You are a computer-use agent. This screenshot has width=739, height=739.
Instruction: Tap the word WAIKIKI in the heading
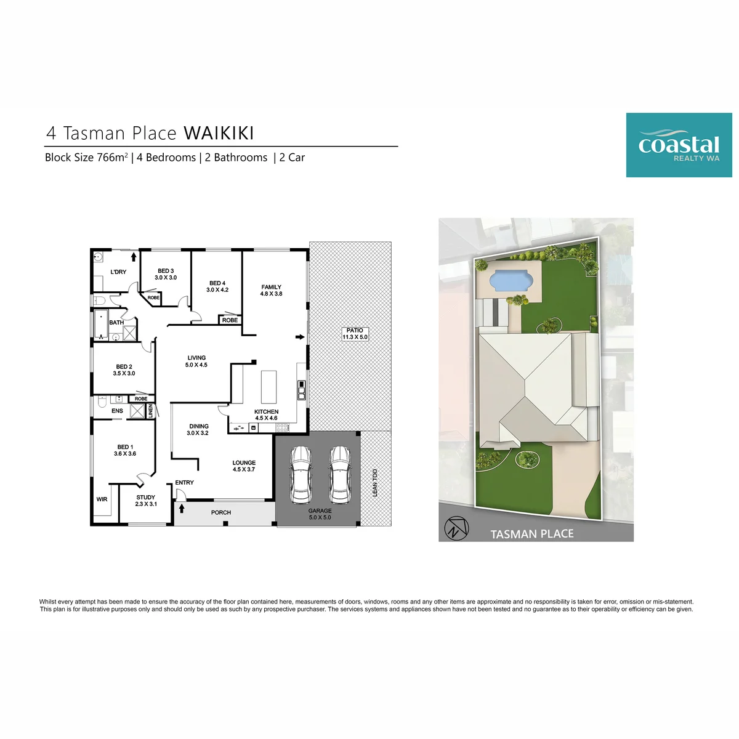219,132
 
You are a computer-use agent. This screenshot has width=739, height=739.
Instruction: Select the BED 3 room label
166,271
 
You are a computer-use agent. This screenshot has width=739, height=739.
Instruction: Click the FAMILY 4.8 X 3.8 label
271,290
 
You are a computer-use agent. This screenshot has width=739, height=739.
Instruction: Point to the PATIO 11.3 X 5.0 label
354,333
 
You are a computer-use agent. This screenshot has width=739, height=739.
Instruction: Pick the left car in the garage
300,475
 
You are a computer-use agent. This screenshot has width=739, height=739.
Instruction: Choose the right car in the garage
339,475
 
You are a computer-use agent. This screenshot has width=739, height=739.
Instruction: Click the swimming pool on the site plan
511,280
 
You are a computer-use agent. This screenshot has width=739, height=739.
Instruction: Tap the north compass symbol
456,528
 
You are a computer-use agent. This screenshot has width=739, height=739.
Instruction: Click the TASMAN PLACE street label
531,534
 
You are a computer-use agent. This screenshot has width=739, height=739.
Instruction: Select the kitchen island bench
269,386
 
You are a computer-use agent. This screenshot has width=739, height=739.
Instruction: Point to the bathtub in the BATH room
101,325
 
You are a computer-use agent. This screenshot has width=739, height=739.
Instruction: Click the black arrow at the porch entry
182,508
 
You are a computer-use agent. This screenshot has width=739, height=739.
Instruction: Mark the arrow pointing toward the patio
300,337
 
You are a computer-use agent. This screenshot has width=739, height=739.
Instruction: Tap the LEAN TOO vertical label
374,482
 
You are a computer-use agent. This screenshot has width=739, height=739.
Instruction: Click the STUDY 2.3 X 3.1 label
146,501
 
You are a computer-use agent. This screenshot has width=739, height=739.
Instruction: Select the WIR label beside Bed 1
102,499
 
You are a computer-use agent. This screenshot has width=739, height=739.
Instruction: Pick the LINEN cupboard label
150,411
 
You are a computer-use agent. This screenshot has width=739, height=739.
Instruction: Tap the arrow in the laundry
134,257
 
